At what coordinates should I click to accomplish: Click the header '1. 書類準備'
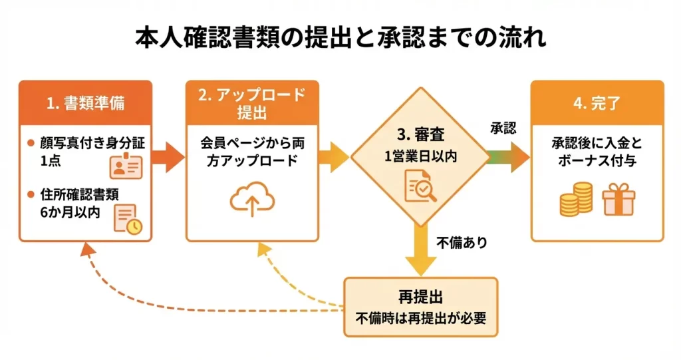85,103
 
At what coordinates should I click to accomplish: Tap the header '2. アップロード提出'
252,103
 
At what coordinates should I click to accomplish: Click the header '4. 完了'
597,103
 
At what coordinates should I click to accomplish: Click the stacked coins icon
575,200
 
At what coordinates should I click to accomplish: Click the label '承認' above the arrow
503,129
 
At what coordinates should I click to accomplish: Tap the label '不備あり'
462,243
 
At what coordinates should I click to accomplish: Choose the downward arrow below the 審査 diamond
420,250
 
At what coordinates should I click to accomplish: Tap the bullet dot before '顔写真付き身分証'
31,143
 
